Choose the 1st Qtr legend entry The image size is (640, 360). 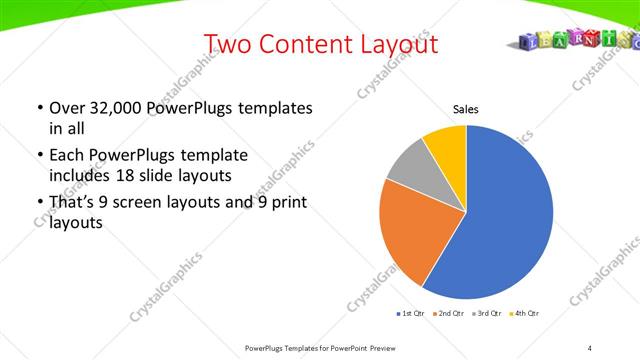412,314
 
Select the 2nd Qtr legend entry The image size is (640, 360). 450,314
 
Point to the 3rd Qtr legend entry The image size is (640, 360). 488,314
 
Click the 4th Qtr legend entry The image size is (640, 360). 525,314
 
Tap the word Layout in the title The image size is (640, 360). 399,44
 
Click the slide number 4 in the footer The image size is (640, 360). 590,347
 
